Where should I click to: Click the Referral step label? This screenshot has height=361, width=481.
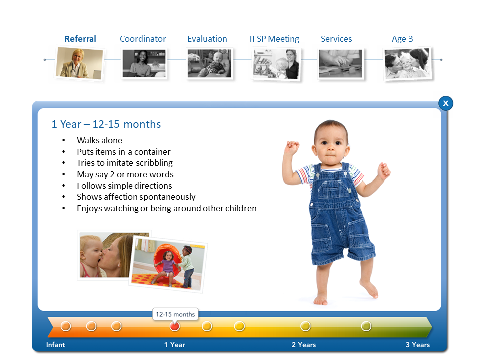tap(80, 39)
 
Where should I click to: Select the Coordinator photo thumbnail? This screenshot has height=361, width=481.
tap(144, 63)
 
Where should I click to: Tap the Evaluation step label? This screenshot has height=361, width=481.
tap(207, 39)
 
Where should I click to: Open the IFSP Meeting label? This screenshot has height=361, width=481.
tap(274, 39)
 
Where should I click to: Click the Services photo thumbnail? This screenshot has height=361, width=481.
tap(340, 64)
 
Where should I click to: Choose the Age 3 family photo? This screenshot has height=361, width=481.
tap(408, 64)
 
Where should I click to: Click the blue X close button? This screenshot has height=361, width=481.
tap(446, 103)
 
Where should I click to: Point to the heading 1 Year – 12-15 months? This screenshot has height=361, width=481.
tap(106, 124)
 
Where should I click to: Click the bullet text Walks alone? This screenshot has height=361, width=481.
tap(99, 140)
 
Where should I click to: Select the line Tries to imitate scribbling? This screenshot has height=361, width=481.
tap(125, 163)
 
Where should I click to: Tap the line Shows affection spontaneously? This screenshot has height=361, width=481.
tap(136, 197)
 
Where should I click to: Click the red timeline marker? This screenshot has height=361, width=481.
tap(174, 326)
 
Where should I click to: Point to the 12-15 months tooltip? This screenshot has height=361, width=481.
tap(175, 314)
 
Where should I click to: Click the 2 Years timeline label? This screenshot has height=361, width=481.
tap(304, 345)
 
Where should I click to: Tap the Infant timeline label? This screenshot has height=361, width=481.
tap(56, 345)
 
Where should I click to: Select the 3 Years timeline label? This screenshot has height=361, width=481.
tap(418, 345)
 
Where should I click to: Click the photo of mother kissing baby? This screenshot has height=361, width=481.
tap(106, 255)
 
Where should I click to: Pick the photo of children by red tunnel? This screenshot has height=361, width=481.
tap(168, 264)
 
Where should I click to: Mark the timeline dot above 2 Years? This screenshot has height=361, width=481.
tap(305, 326)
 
